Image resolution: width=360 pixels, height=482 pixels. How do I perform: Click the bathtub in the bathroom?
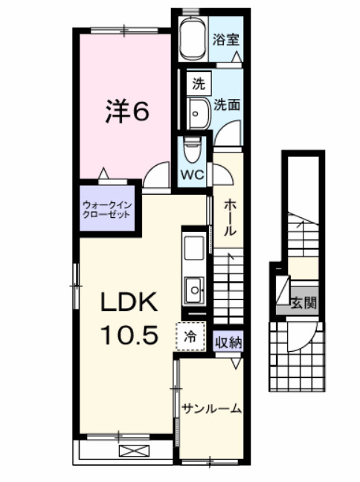[194, 39]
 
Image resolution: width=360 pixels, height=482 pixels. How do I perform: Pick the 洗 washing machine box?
[197, 83]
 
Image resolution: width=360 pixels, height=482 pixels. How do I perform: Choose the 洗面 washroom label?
[227, 105]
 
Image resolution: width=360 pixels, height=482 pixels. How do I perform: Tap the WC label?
[193, 176]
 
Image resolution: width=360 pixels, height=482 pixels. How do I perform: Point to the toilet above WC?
[191, 150]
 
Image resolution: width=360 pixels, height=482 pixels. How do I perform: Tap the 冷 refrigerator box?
[190, 336]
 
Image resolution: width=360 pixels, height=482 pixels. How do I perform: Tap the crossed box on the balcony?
[133, 450]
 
